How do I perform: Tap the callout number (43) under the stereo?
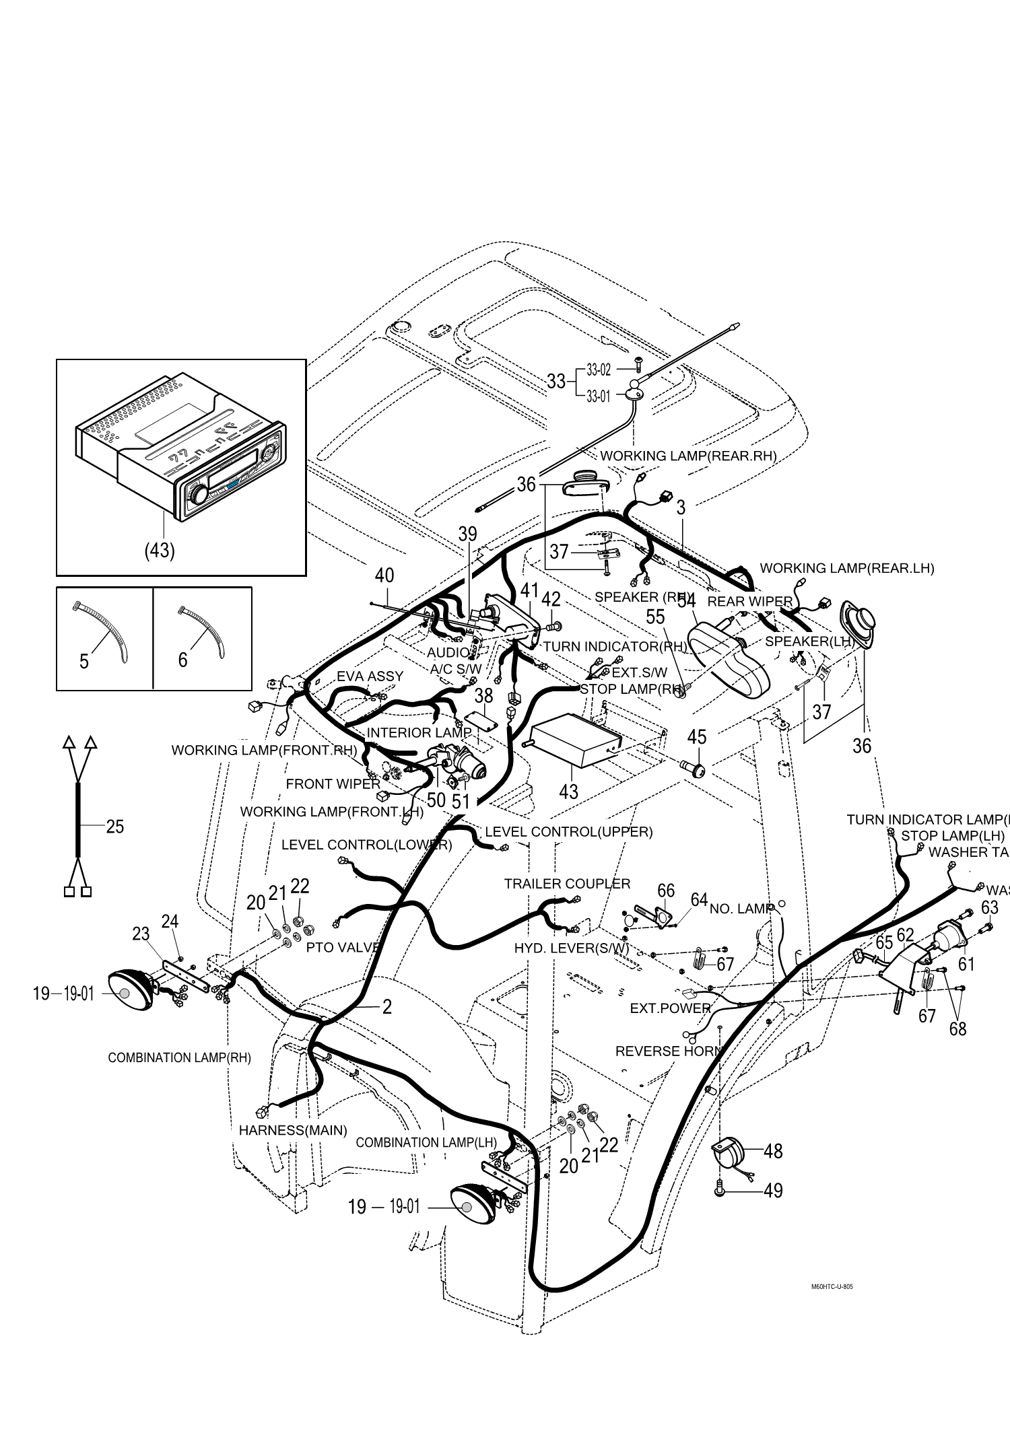click(x=160, y=550)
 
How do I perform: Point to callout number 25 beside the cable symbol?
click(x=115, y=826)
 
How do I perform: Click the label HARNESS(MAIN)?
click(x=293, y=1130)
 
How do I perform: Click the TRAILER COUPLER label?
click(x=567, y=884)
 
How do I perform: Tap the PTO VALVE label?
click(x=343, y=947)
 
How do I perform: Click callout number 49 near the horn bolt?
click(x=774, y=1191)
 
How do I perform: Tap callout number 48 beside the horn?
click(x=773, y=1151)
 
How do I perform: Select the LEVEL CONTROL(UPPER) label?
click(x=568, y=832)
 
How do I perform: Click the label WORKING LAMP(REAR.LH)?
click(x=846, y=568)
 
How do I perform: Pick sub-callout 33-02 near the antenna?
click(x=598, y=370)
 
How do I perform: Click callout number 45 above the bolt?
click(x=697, y=737)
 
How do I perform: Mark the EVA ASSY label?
click(x=370, y=676)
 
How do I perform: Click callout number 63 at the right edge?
click(x=989, y=907)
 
